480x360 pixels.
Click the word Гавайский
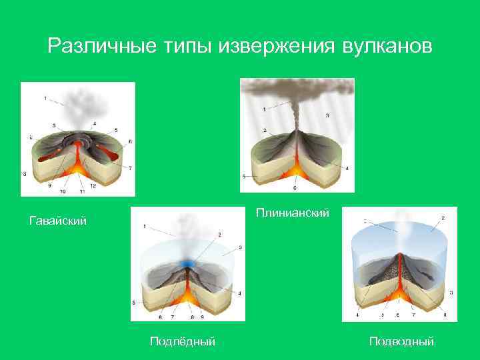[x=59, y=220]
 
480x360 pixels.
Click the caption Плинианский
[x=293, y=213]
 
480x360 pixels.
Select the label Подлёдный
[x=183, y=341]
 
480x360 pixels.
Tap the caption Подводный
[x=402, y=341]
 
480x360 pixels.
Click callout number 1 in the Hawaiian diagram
[x=45, y=99]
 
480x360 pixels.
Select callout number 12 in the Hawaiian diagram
[x=93, y=186]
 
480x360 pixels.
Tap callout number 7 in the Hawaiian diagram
[x=129, y=167]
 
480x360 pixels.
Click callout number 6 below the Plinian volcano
[x=295, y=189]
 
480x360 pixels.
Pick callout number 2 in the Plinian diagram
[x=265, y=129]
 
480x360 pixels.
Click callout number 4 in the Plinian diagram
[x=347, y=168]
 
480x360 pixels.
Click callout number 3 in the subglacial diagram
[x=239, y=247]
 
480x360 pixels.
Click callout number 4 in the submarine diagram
[x=357, y=315]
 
